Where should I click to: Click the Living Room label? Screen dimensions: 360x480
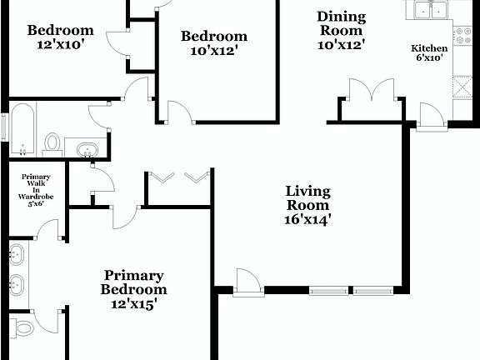[307, 197]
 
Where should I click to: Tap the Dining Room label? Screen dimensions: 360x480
[341, 23]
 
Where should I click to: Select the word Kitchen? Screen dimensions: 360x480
[430, 48]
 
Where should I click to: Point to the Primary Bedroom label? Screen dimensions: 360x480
[133, 282]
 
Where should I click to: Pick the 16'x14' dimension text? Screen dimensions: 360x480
[307, 220]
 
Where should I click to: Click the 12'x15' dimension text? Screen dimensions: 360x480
[133, 304]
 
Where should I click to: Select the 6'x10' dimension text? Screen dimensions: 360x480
[430, 58]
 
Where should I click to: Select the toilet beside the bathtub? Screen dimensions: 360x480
[52, 142]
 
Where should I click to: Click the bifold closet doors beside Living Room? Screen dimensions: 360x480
[177, 177]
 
